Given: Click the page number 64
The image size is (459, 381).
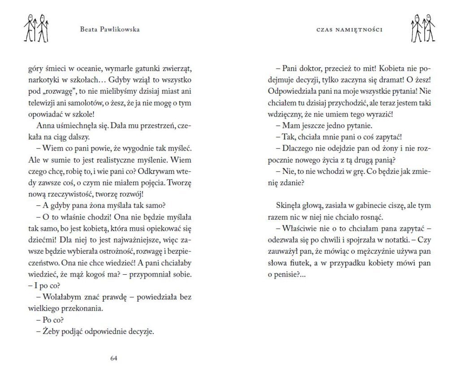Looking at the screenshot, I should (113, 358).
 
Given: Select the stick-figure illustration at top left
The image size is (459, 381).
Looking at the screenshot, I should (36, 28).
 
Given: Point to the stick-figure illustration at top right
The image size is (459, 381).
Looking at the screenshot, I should (422, 28).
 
